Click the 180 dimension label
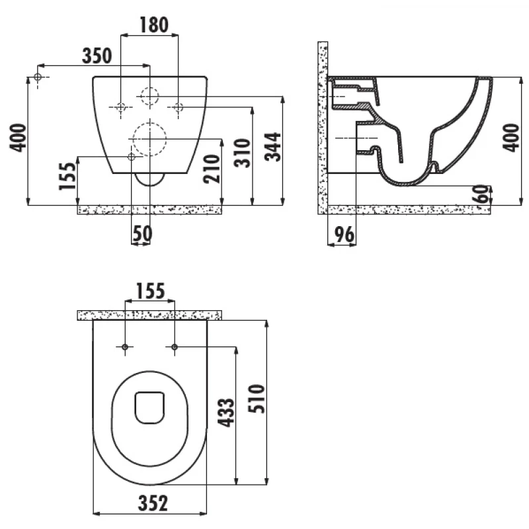point(154,25)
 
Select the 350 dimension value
point(97,56)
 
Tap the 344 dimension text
point(273,147)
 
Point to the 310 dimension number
point(243,153)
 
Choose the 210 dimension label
point(212,169)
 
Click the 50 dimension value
point(142,233)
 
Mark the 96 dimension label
point(344,235)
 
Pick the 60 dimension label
point(482,194)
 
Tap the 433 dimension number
point(225,412)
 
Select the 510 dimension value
point(257,399)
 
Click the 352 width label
point(153,503)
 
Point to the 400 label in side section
point(511,138)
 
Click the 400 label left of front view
point(18,138)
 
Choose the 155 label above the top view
point(150,291)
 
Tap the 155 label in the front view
point(67,176)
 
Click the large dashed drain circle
point(149,139)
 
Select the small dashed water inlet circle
point(149,96)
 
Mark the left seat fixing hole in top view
point(125,346)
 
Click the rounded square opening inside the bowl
point(149,407)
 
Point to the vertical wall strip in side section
point(323,128)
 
